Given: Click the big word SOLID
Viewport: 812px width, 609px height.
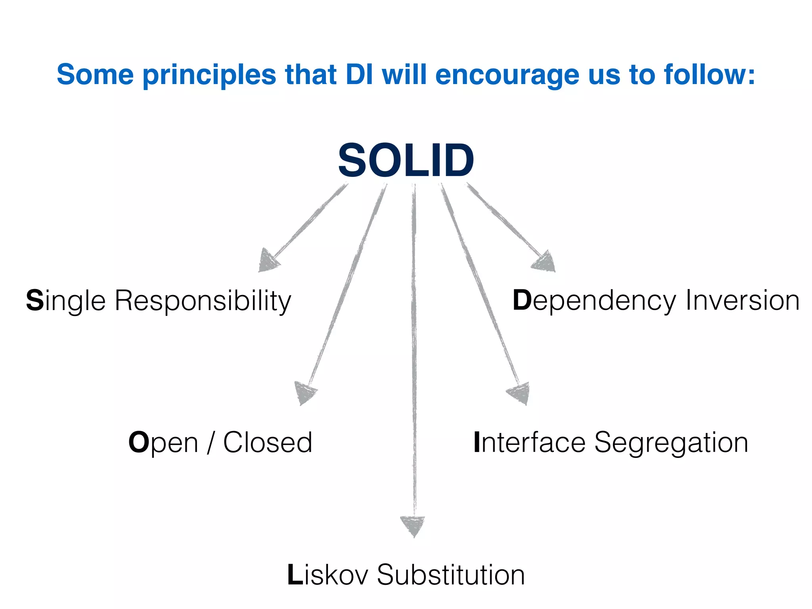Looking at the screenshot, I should click(406, 161).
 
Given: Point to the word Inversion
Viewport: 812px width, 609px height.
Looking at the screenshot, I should click(742, 301).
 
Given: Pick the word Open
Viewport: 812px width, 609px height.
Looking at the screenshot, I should click(163, 443).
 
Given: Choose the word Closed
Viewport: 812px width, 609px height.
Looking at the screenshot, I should click(268, 442).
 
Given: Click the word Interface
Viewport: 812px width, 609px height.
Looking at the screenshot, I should click(529, 442).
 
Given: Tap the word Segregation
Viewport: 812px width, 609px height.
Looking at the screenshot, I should click(671, 443).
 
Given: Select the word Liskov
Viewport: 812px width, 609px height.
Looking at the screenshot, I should click(327, 575).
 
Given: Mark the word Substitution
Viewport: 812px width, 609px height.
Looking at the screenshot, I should click(451, 575).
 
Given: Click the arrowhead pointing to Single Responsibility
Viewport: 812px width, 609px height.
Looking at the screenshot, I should click(268, 262).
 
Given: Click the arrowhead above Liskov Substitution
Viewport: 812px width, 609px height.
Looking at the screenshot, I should click(413, 525).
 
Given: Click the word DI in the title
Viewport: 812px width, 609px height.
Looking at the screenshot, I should click(359, 75).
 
